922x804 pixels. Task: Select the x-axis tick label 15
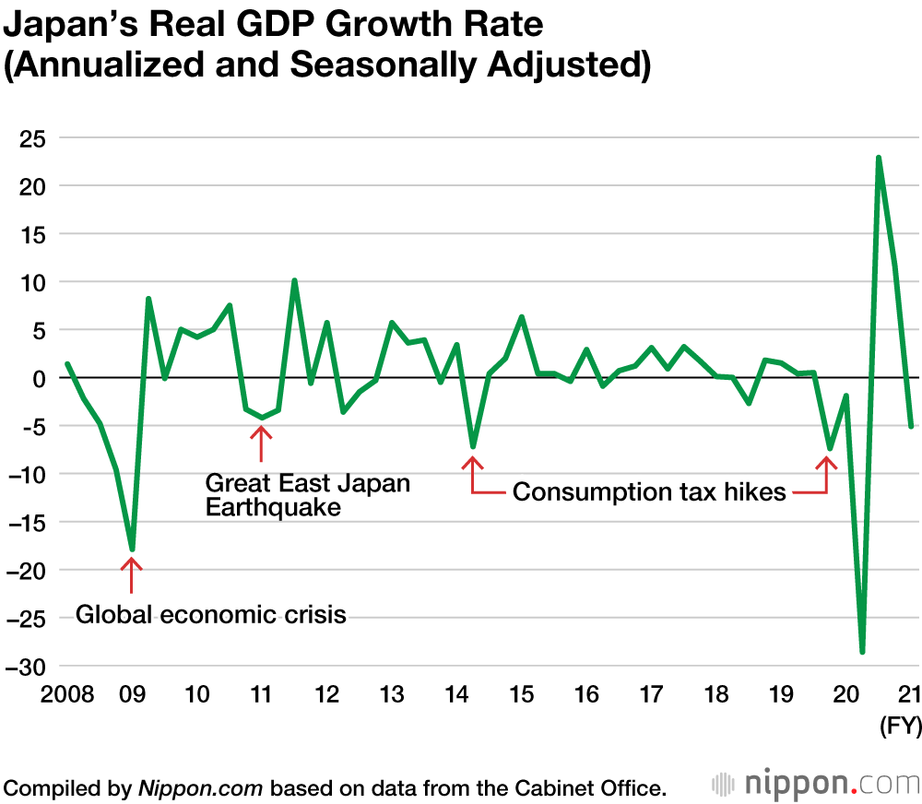click(522, 694)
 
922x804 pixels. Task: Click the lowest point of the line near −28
click(862, 652)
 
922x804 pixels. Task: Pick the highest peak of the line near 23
click(879, 158)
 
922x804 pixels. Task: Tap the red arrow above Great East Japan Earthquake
click(262, 443)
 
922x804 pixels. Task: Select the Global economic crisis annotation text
click(211, 614)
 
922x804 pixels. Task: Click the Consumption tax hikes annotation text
click(649, 492)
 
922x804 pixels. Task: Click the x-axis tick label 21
click(911, 694)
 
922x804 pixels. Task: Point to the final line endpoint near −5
click(911, 427)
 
